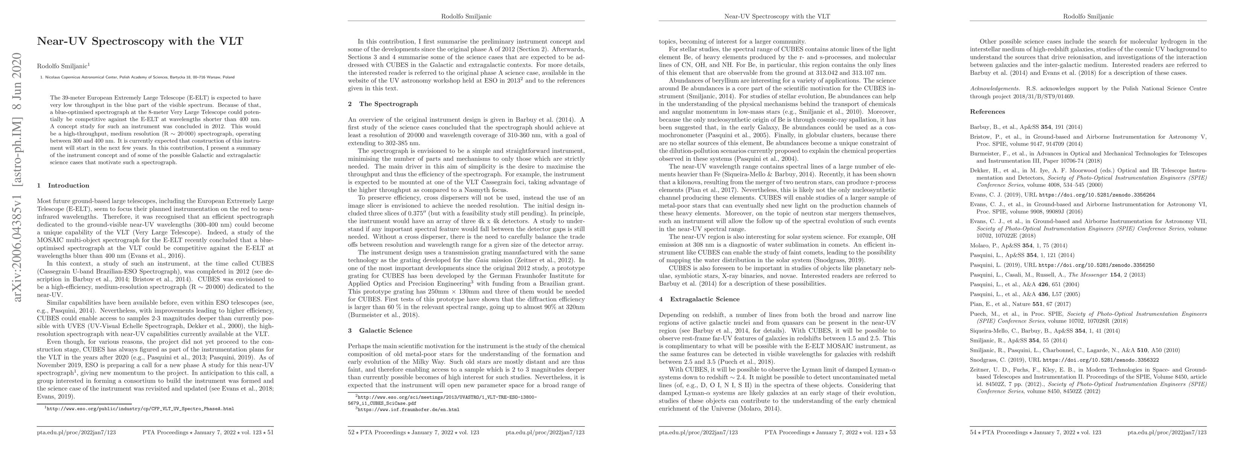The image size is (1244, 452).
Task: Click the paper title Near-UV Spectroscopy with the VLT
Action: pos(140,41)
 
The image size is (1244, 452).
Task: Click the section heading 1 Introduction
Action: pos(63,185)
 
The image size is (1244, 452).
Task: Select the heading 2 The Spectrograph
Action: pos(383,104)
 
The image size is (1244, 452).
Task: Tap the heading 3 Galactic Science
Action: pos(380,330)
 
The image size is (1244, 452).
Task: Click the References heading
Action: pos(988,111)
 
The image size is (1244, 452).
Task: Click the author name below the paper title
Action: pos(63,66)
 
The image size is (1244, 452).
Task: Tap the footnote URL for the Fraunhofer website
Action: pos(408,409)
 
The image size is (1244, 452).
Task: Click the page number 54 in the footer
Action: pos(974,432)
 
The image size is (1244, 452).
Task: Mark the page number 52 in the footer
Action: pos(352,432)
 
